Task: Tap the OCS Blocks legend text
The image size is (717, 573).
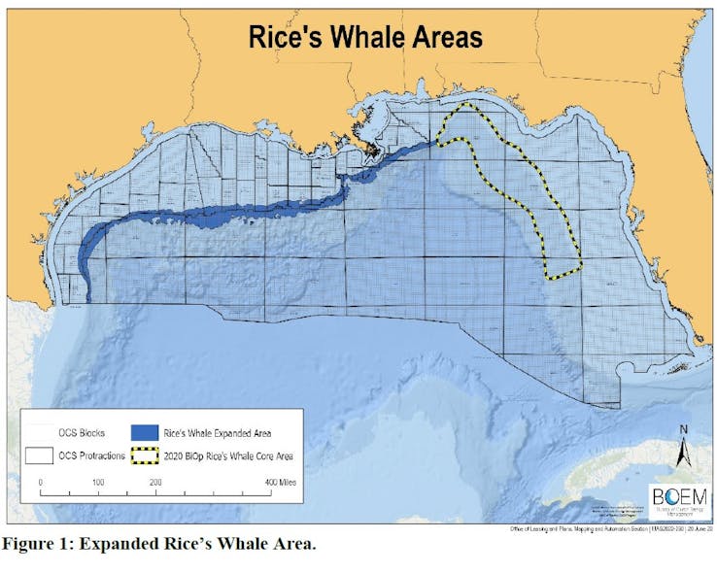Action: pos(87,431)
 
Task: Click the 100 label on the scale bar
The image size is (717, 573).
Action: pos(98,482)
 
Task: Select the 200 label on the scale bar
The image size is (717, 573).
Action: pos(155,482)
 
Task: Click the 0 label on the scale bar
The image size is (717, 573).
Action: pos(41,482)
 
